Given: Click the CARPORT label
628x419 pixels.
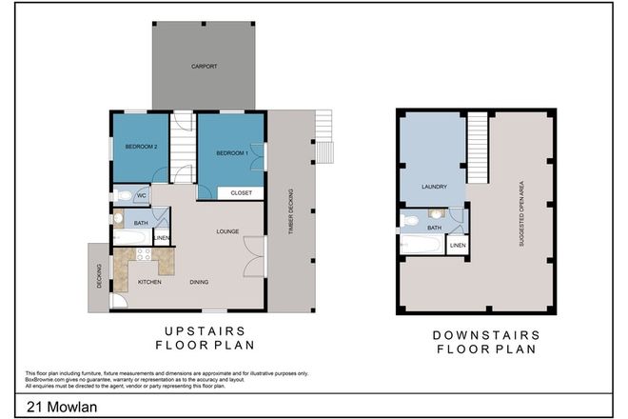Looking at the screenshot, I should point(204,67).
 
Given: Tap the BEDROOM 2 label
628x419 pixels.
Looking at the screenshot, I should point(141,146).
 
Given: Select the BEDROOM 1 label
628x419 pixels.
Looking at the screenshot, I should point(230,153).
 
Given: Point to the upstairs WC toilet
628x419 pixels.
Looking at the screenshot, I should point(124,196).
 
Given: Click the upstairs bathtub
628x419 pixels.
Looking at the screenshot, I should point(131,238).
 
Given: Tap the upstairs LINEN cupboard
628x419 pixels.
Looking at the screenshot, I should point(162,237).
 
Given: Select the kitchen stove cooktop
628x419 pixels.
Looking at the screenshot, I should point(143,254).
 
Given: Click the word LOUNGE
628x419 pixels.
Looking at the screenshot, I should point(226,231).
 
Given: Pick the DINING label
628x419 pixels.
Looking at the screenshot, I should point(199,282).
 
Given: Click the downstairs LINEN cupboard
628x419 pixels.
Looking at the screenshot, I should point(458,246).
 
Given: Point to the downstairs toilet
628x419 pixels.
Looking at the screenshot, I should point(410,220).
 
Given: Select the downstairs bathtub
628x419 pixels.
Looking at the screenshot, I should point(422,246).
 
